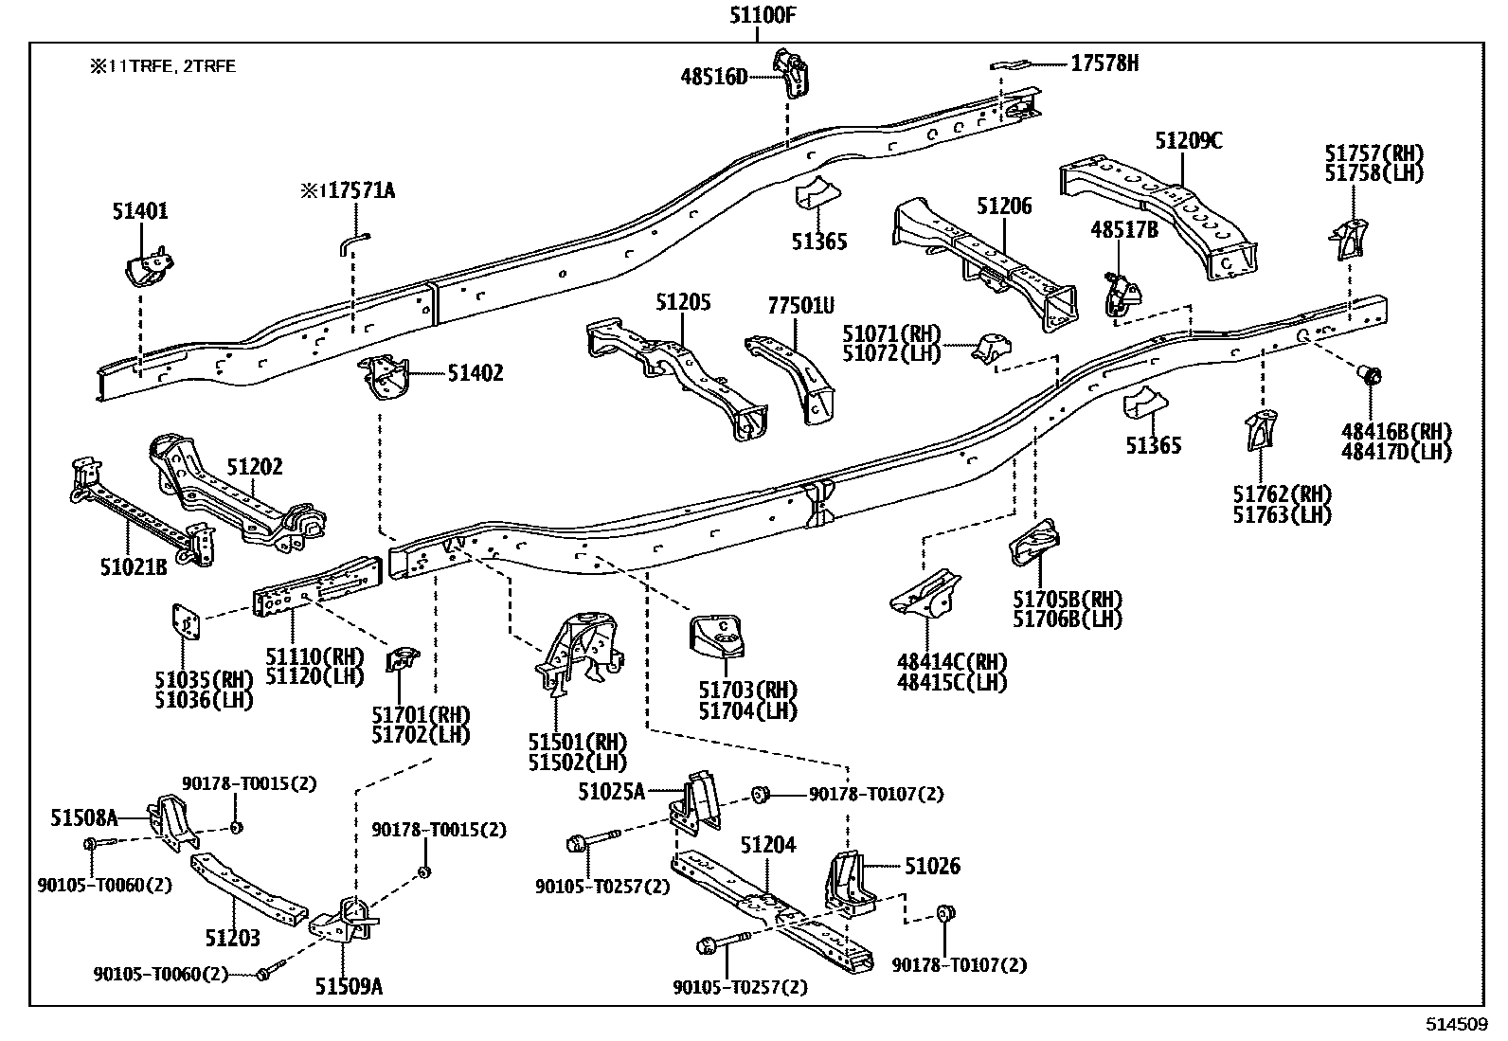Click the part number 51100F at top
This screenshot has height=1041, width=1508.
[x=757, y=14]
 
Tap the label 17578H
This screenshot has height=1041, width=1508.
[x=1104, y=63]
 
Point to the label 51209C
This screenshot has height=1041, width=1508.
[x=1188, y=141]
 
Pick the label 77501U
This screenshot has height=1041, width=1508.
[x=800, y=305]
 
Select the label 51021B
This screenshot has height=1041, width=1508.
[x=133, y=567]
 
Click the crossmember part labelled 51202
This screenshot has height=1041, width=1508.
[x=237, y=497]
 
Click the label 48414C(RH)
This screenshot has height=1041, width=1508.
[x=952, y=662]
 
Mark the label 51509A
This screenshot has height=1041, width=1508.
[x=349, y=987]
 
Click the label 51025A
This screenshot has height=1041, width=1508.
[x=611, y=791]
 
